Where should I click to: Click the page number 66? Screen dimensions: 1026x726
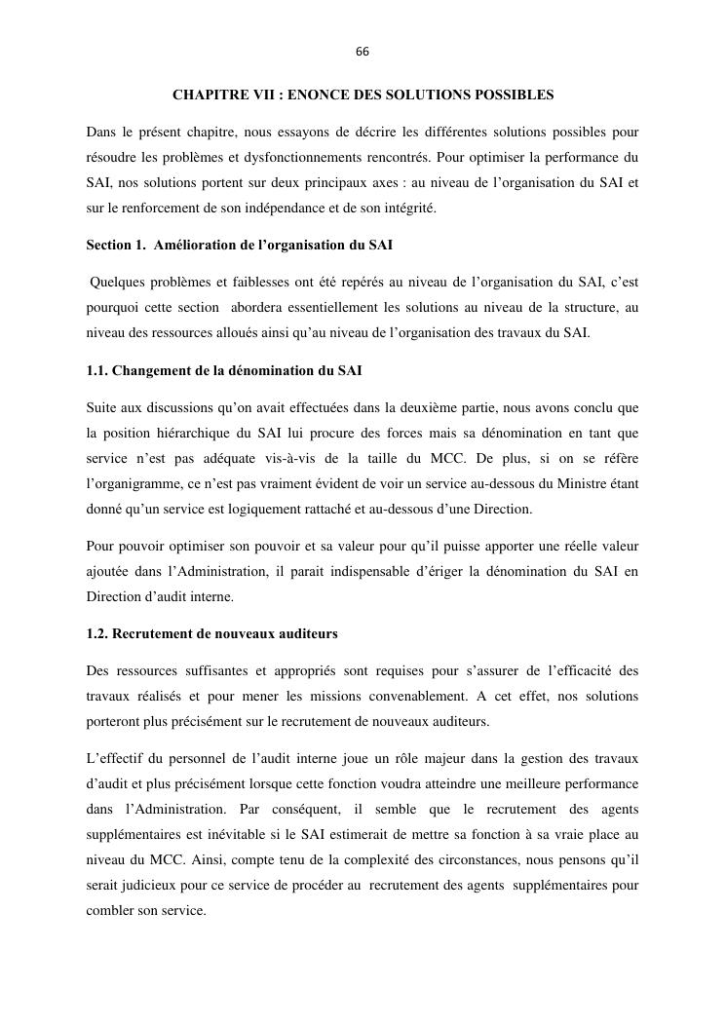pyautogui.click(x=363, y=52)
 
